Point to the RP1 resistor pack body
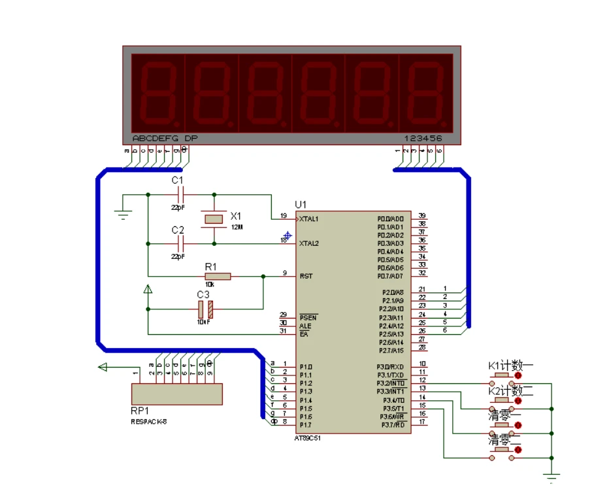[176, 394]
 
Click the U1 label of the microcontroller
[301, 204]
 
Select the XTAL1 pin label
[309, 218]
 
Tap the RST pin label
[305, 276]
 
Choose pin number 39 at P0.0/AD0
[422, 216]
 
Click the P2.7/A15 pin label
[391, 351]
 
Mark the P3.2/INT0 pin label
[391, 383]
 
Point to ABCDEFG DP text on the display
[165, 139]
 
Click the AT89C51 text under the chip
[308, 438]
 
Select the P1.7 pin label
[306, 425]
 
